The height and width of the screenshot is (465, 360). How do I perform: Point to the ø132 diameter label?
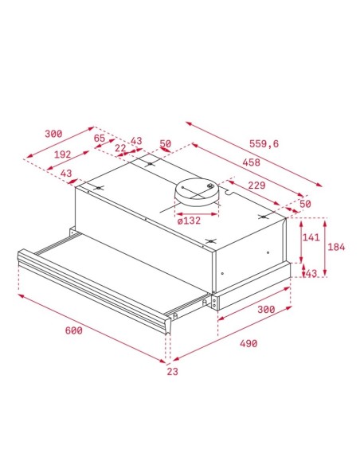point(189,221)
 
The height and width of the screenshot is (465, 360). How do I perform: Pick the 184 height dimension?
point(337,247)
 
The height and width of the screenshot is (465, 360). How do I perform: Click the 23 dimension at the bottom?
point(172,371)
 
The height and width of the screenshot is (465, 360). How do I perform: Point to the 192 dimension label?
point(62,154)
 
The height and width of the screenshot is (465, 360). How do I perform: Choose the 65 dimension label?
point(100,139)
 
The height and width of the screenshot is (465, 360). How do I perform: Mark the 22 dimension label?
point(119,148)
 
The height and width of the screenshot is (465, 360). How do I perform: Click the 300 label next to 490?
point(265,309)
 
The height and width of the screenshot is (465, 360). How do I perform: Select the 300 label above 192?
point(53,134)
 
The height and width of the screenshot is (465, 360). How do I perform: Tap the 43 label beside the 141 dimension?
point(310,274)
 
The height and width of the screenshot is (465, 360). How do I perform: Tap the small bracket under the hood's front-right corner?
point(214,303)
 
